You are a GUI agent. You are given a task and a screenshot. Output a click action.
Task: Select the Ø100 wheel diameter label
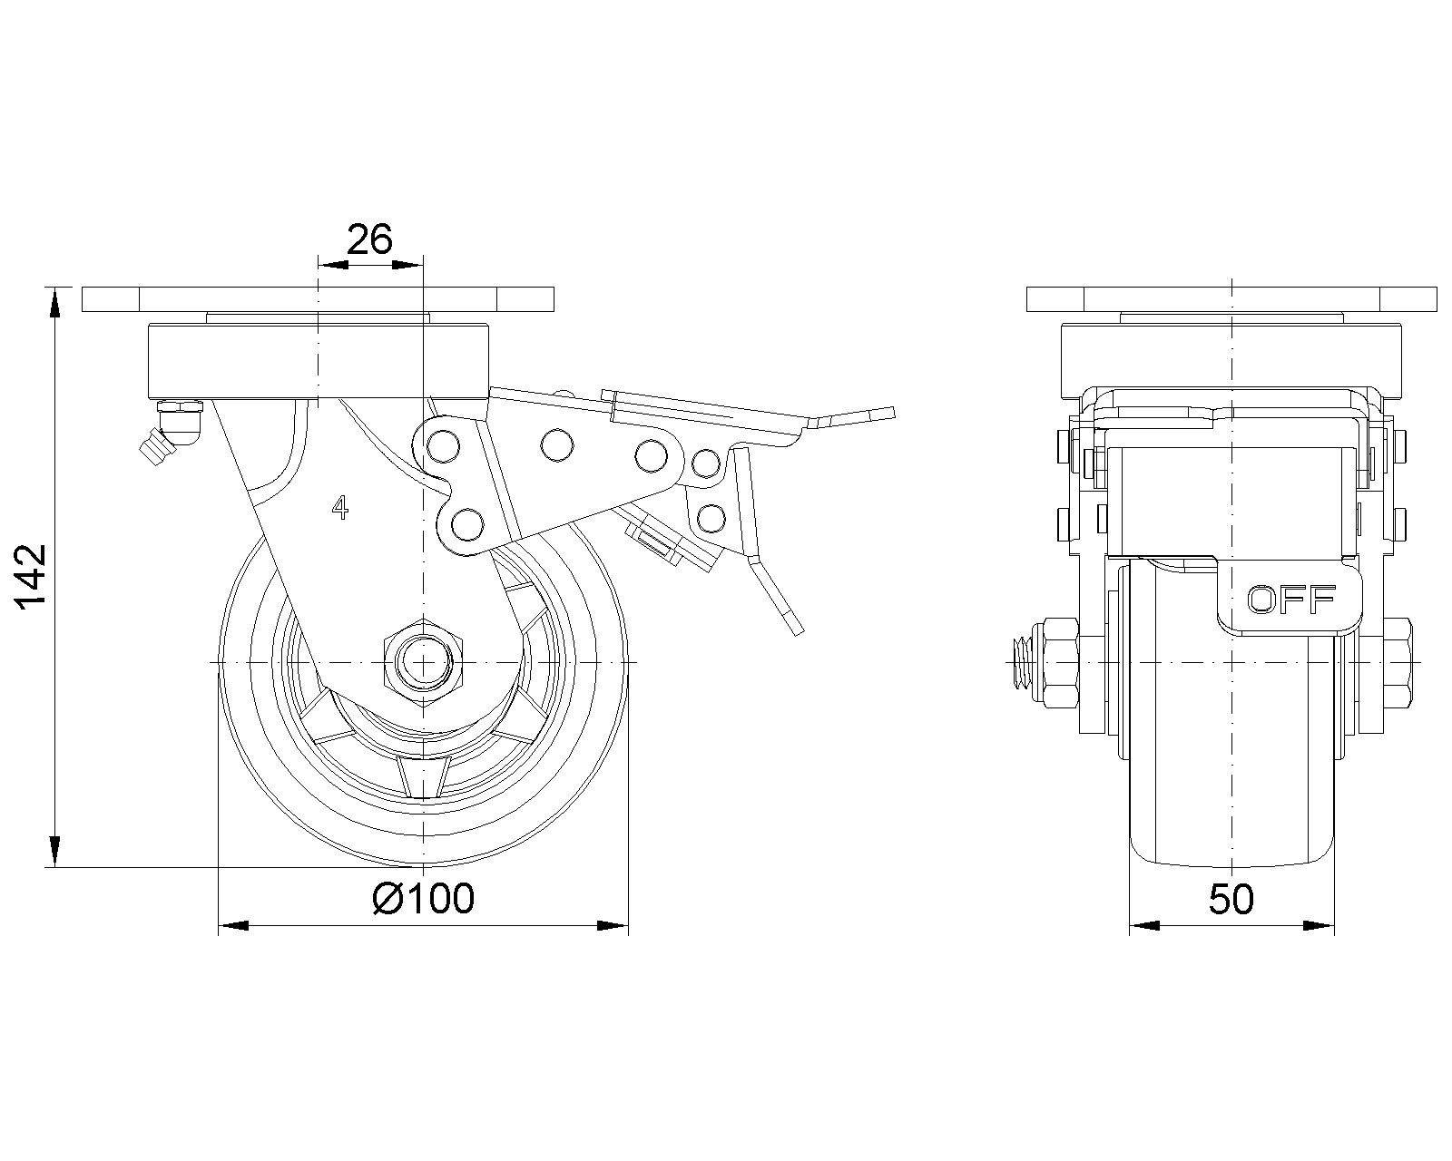click(x=424, y=899)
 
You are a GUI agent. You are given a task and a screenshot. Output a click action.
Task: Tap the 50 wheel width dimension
click(x=1231, y=899)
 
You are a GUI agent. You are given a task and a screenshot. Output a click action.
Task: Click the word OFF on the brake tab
click(x=1291, y=599)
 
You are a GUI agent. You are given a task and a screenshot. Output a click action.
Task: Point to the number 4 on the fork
click(x=340, y=507)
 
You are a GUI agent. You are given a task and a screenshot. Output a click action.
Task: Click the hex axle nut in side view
click(x=423, y=663)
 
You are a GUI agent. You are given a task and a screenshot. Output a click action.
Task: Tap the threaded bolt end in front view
click(x=1024, y=663)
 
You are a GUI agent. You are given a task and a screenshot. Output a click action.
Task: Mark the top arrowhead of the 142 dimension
click(x=54, y=301)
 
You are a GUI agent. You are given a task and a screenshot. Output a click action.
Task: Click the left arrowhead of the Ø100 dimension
click(x=233, y=925)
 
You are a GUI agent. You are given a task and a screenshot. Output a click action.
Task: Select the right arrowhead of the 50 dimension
click(x=1320, y=925)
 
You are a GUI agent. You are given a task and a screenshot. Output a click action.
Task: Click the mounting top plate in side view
click(x=318, y=299)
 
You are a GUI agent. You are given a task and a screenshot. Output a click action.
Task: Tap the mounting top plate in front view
click(x=1232, y=299)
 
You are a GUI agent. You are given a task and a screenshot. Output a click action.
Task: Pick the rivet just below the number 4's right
click(x=467, y=524)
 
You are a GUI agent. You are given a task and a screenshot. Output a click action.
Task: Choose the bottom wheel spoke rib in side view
click(x=423, y=777)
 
